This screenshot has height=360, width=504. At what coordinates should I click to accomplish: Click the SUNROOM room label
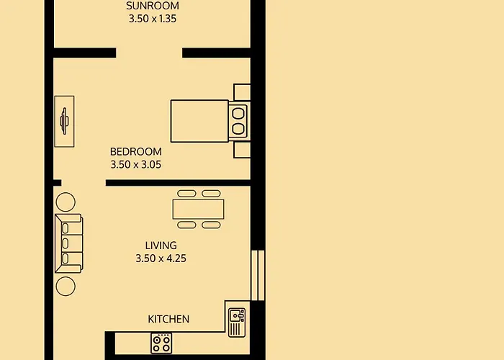pos(153,6)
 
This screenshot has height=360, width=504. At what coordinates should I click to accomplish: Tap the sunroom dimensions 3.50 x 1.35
pos(153,19)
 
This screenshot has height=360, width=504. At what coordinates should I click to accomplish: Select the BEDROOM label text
pos(136,151)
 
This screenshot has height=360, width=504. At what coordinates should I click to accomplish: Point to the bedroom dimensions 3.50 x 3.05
pos(136,165)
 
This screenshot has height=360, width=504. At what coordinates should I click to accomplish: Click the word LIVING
pos(161,246)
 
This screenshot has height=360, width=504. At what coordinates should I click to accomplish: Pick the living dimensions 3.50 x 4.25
pos(161,258)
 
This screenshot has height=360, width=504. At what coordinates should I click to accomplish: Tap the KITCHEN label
pos(168,319)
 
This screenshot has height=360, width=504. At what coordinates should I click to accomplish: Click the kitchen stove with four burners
pos(161,343)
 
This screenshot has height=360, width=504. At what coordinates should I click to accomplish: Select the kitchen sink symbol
pos(237,323)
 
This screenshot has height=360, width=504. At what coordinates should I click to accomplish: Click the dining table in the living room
pos(198,210)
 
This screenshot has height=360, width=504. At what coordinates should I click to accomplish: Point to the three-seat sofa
pos(69,243)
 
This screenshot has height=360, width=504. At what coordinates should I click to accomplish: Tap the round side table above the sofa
pos(66,202)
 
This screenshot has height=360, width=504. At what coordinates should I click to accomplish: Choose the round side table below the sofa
pos(66,286)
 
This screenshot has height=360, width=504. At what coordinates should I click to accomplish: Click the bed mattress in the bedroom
pos(199,121)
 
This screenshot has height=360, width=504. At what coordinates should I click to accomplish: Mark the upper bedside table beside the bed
pos(242,92)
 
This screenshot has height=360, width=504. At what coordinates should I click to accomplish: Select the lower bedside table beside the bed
pos(242,150)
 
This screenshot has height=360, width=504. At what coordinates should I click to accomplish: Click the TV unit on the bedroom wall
pos(64,121)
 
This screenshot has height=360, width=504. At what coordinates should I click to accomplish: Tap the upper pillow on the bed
pos(238,113)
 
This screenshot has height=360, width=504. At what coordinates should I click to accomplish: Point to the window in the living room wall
pos(258,276)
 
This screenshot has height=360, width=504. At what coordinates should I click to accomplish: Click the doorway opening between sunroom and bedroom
pos(149,53)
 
